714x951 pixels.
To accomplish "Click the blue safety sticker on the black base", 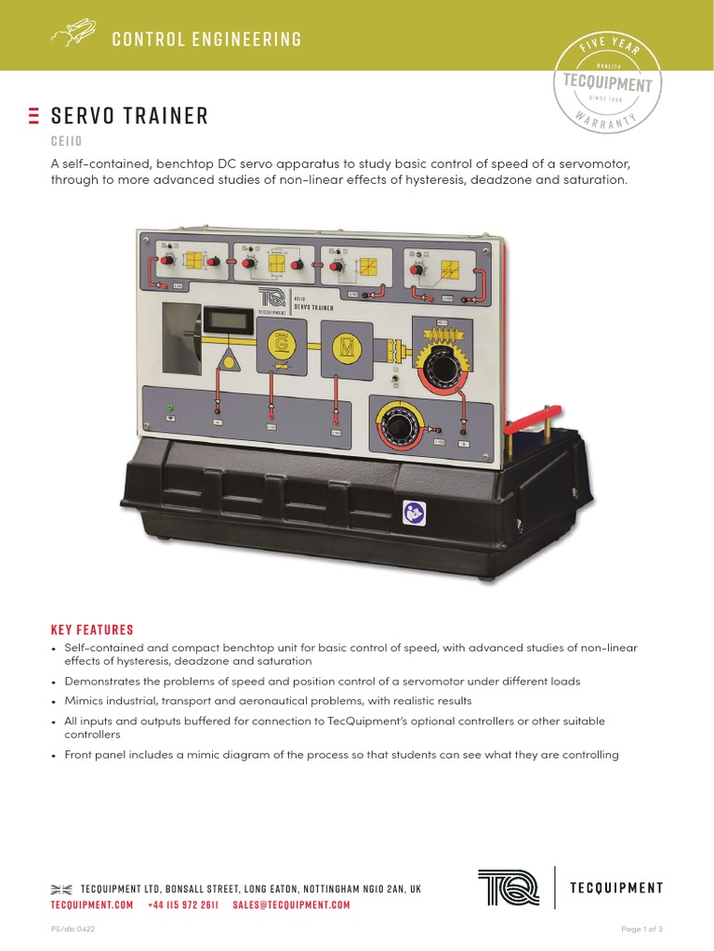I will [413, 511].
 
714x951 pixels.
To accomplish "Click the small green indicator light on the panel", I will [168, 407].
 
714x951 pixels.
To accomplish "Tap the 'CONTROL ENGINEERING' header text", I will [206, 39].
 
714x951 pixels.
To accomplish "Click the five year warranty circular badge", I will [608, 84].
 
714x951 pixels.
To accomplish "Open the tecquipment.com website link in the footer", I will [92, 905].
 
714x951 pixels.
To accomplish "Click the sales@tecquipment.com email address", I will [291, 905].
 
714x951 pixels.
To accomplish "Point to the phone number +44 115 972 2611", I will [183, 905].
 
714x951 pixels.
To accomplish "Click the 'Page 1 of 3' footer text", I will [641, 929].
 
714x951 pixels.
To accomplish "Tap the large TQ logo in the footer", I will [508, 887].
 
